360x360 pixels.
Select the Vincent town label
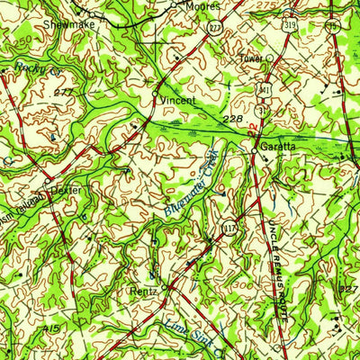(x=177, y=101)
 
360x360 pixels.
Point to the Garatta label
(x=277, y=145)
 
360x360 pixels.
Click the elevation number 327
(x=349, y=287)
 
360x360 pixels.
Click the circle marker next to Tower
(x=268, y=58)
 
